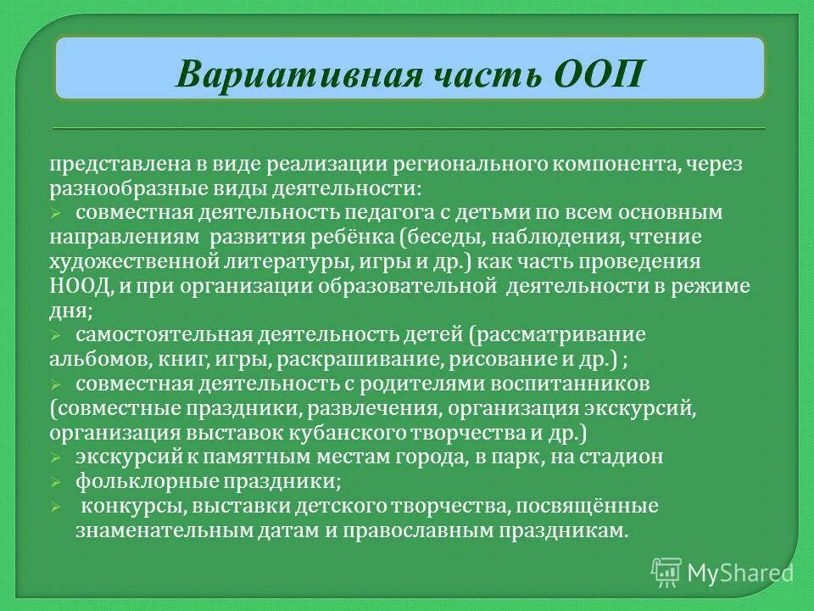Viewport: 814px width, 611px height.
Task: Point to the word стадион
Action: coord(619,457)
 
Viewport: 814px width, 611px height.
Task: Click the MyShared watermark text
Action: coord(740,572)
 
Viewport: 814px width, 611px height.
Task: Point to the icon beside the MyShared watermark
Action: coord(666,572)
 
